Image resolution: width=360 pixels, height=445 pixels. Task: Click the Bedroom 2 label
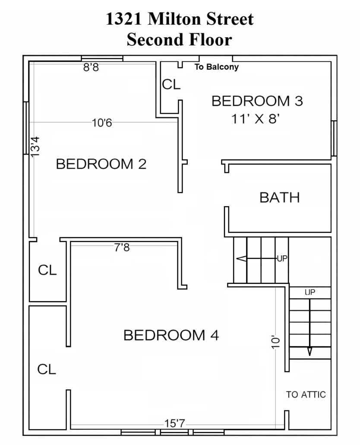101,164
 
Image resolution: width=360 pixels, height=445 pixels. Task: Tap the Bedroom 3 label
257,101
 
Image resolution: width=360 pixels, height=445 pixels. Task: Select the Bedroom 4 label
171,335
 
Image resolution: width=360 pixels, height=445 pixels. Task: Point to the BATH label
279,197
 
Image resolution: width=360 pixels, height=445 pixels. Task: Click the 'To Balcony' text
217,67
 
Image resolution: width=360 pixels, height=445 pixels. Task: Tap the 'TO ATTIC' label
306,394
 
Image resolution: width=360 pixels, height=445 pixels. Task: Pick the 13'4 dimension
35,146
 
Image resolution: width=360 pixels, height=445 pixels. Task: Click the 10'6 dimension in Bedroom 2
102,123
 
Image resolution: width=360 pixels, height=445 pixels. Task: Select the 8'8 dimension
91,67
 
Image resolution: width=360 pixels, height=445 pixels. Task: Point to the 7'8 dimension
122,248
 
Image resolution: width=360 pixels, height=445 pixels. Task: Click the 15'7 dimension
175,423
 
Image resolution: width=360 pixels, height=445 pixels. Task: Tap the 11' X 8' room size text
256,119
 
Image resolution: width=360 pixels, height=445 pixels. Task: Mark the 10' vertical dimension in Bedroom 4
275,343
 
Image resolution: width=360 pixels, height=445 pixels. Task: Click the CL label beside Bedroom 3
171,84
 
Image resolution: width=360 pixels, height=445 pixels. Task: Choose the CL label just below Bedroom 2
47,270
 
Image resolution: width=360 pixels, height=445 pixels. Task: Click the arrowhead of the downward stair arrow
310,351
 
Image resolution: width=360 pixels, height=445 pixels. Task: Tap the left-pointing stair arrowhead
241,258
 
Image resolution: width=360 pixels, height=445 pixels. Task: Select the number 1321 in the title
124,19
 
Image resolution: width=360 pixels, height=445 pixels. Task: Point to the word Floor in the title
210,39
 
